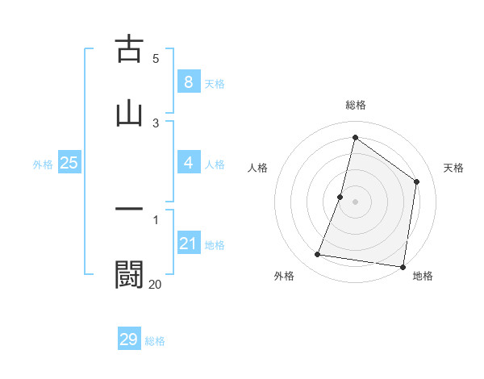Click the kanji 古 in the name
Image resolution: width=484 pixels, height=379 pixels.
(x=129, y=49)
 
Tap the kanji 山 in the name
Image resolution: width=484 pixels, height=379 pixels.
(x=129, y=112)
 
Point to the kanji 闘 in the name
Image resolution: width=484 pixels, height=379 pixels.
(x=129, y=274)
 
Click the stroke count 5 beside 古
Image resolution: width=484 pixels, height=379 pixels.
(x=156, y=58)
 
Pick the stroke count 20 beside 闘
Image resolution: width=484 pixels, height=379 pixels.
(x=155, y=284)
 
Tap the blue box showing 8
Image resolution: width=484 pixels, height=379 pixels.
(x=188, y=82)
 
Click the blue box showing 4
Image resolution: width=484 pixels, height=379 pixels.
(x=188, y=164)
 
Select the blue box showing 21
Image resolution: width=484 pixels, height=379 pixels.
(x=188, y=244)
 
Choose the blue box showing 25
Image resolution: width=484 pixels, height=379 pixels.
(x=69, y=164)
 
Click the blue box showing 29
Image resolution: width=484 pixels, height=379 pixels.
(x=129, y=339)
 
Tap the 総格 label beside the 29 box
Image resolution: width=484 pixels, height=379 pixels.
(x=155, y=341)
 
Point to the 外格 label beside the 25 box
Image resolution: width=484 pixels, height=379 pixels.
(x=43, y=165)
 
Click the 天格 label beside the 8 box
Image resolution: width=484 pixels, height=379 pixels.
(x=214, y=84)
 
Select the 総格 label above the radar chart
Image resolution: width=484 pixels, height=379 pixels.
(x=356, y=105)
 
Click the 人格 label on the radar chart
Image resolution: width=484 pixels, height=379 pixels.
(x=257, y=168)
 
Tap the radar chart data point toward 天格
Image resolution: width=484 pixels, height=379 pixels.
(x=417, y=181)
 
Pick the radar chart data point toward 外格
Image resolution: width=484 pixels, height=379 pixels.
(x=318, y=255)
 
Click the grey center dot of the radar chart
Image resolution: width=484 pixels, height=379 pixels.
(x=356, y=201)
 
